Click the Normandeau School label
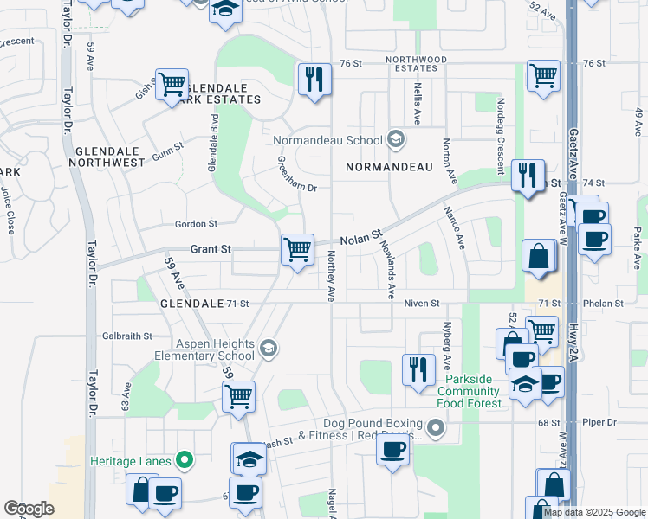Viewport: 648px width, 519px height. click(x=327, y=140)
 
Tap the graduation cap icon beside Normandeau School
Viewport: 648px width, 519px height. click(x=395, y=139)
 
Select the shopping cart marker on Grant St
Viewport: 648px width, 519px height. click(x=297, y=250)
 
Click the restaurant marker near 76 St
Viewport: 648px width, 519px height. click(x=314, y=80)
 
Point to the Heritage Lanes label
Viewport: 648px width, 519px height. click(x=131, y=461)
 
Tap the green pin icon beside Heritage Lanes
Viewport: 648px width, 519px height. click(x=183, y=460)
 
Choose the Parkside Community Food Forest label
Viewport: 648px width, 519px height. click(x=474, y=392)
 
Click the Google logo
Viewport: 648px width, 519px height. click(x=29, y=509)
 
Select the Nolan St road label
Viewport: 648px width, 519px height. click(x=361, y=237)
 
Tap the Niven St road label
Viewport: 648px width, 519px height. click(x=424, y=304)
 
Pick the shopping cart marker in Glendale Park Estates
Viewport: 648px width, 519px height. click(x=172, y=84)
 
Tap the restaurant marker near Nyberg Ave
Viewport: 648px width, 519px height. click(x=418, y=369)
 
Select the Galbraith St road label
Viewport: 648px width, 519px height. click(x=127, y=336)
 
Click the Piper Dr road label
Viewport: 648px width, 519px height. click(x=599, y=423)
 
